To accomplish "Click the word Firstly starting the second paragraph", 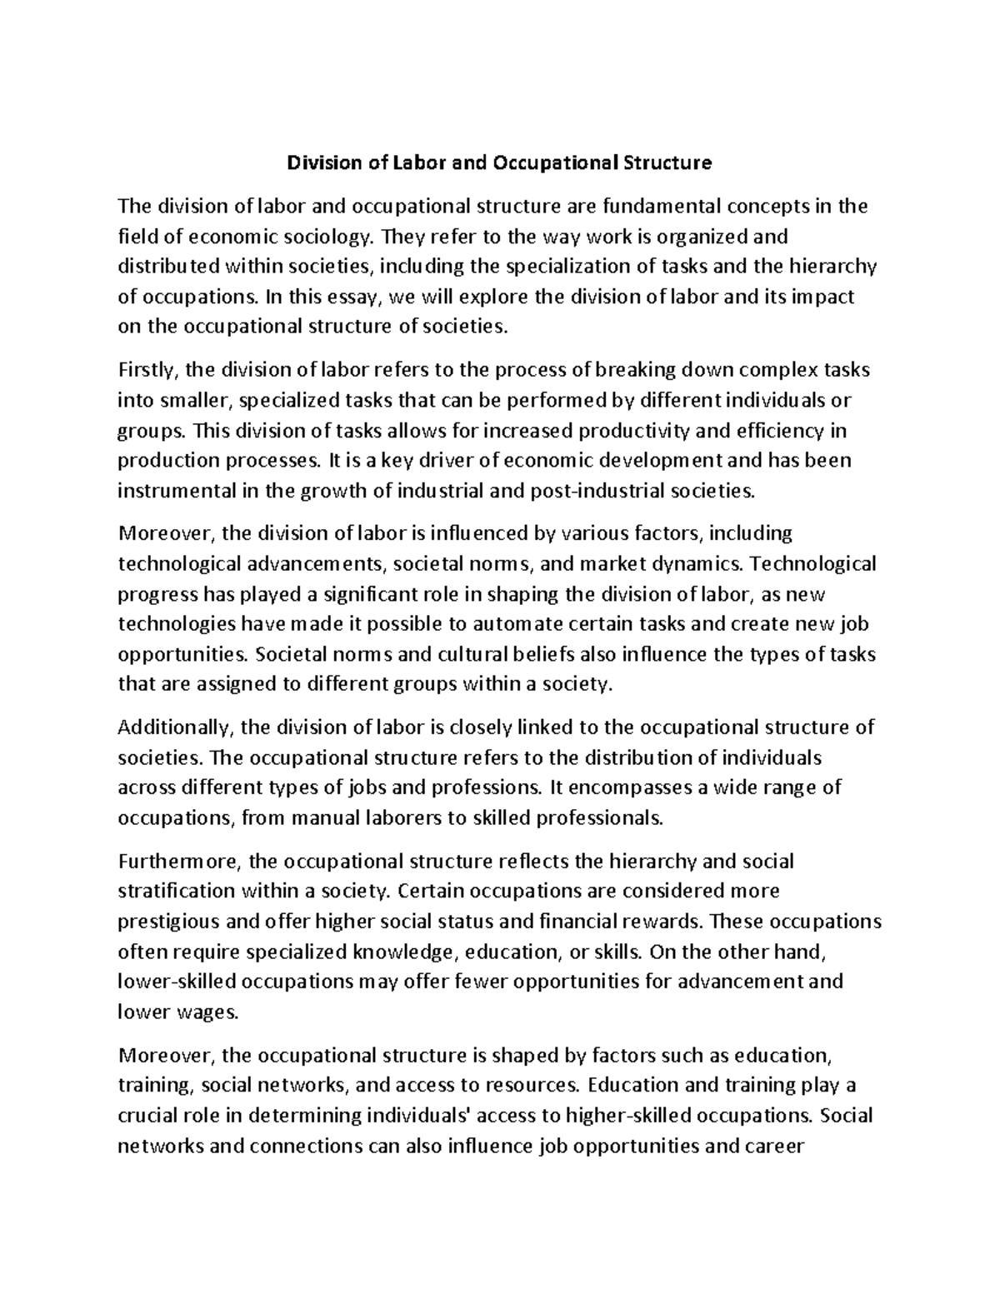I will [x=147, y=370].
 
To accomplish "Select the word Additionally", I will [x=175, y=727].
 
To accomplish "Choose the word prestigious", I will [x=172, y=922].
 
